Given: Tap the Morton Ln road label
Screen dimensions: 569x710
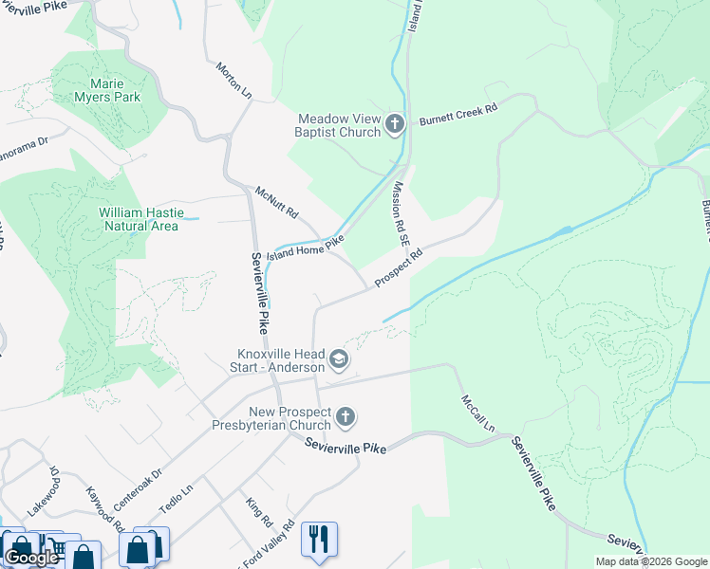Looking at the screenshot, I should click(234, 83).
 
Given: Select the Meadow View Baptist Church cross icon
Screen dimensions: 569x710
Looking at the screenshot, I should click(395, 124).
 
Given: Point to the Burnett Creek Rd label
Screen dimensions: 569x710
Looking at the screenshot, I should click(458, 111).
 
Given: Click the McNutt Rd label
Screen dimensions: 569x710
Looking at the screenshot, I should click(276, 202).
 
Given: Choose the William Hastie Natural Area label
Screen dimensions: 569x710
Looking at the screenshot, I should click(139, 219).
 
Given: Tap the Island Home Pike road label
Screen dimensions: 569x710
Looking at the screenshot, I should click(304, 248).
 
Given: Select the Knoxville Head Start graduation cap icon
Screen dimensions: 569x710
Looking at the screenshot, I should click(339, 360).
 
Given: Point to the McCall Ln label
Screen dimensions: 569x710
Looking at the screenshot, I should click(478, 414).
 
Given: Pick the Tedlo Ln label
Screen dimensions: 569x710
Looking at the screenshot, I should click(176, 498).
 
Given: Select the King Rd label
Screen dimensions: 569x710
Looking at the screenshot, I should click(258, 512).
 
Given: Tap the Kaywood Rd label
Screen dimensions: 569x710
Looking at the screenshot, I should click(104, 509).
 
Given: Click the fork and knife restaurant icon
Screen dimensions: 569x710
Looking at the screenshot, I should click(319, 538).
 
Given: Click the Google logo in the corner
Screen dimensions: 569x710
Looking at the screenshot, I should click(31, 558).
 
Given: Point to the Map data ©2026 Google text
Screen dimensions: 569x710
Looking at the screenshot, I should click(650, 561).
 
